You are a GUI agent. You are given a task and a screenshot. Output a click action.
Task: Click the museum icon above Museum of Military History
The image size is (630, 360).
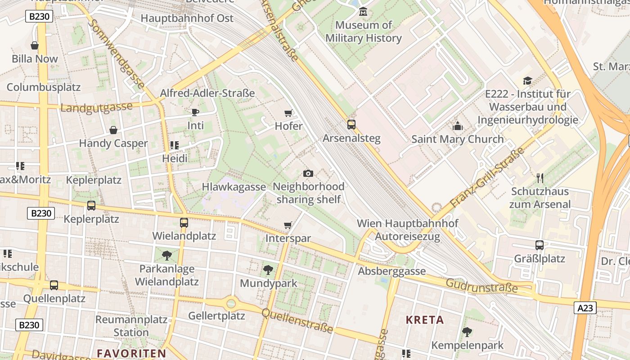coord(363,11)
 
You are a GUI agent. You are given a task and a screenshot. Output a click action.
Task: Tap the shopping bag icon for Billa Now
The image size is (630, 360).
coord(35,45)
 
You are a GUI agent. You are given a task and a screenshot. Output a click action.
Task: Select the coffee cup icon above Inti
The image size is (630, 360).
coord(195,112)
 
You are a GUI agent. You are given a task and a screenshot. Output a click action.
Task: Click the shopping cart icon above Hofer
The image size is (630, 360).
coord(288,113)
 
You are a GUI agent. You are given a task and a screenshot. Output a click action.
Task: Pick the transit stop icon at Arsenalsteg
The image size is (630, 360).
coord(351,124)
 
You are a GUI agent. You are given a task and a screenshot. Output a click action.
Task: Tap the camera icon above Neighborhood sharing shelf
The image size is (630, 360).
coord(308,173)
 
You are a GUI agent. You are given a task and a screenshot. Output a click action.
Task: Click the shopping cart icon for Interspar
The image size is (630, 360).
coord(288,225)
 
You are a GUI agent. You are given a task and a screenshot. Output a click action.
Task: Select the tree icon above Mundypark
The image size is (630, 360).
coord(268,270)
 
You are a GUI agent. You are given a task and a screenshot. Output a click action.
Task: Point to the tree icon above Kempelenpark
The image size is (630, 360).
coord(467,332)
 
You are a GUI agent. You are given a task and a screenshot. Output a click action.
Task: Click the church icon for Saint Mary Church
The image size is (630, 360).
coord(458,126)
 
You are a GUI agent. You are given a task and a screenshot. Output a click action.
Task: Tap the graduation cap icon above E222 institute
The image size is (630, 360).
coord(527,81)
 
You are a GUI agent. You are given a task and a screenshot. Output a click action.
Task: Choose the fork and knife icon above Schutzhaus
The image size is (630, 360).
coord(540,178)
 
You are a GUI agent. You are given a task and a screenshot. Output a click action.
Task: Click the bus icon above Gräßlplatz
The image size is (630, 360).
coord(540,245)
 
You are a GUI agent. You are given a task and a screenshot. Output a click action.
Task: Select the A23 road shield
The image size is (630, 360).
coord(585,308)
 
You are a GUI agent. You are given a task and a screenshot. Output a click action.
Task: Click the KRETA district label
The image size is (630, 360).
coord(425,320)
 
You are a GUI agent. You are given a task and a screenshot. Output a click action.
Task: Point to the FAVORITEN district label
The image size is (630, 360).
coord(131,353)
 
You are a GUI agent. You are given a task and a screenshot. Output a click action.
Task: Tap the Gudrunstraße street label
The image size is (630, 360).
coord(482,285)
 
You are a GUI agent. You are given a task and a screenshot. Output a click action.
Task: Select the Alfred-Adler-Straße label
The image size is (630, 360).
coord(207,93)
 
